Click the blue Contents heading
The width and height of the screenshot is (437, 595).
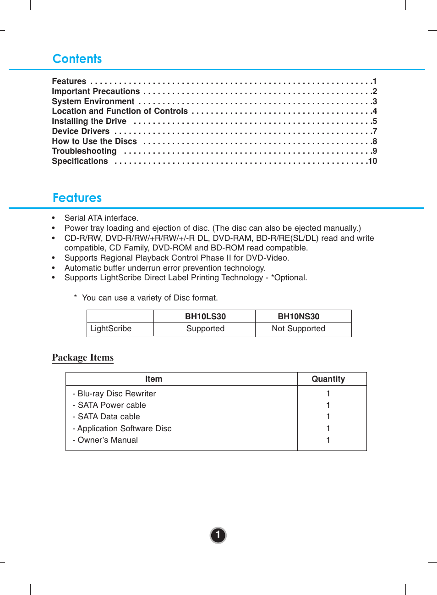pos(77,59)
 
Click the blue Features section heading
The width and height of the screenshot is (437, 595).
pos(77,198)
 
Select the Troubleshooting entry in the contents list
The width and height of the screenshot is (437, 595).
pos(84,151)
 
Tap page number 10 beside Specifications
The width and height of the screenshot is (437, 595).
pos(372,161)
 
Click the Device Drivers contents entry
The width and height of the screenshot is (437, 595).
pos(81,131)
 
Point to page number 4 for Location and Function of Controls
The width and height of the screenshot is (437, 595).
pos(375,111)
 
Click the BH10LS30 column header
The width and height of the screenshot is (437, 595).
pos(205,317)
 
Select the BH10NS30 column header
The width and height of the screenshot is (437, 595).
pos(298,317)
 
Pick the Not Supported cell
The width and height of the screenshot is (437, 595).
pos(298,328)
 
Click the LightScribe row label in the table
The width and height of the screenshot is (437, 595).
pos(111,328)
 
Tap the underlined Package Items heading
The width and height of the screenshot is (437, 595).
pos(82,357)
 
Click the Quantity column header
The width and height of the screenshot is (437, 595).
pos(328,379)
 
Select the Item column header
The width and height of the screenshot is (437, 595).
pos(153,379)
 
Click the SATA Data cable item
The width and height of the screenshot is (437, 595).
pos(109,417)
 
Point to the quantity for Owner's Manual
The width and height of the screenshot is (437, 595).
pos(328,440)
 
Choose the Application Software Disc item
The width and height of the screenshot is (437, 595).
pos(124,428)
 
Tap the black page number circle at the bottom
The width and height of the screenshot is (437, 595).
pos(218,535)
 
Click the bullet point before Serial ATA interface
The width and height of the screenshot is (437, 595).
pos(54,218)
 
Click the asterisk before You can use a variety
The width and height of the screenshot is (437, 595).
pos(75,297)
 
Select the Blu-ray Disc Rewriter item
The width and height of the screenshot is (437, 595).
pos(116,394)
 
